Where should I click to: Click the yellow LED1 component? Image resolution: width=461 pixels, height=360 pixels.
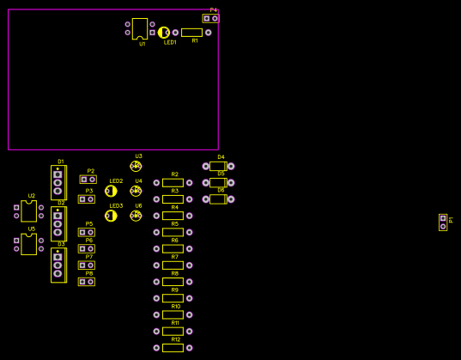pos(163,33)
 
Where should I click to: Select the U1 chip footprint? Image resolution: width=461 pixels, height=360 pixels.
pos(140,28)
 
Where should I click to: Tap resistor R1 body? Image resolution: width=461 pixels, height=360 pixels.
pos(191,33)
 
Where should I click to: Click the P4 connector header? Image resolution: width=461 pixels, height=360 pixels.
pos(210,18)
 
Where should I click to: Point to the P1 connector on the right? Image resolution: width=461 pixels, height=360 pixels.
pos(443,223)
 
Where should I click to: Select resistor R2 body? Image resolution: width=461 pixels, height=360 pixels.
pos(173,182)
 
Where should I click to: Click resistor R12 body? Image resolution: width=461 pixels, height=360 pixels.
pos(173,347)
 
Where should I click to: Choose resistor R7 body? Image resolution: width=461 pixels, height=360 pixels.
pos(173,265)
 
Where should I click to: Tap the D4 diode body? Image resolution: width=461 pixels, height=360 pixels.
pos(218,166)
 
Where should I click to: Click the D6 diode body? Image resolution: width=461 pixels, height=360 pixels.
pos(218,199)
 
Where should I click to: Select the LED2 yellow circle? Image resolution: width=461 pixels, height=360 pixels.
pos(111,191)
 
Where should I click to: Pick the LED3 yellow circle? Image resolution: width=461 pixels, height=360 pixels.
pos(111,216)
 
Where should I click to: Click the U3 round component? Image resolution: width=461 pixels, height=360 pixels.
pos(136,166)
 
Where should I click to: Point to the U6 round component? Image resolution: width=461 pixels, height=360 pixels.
pos(136,216)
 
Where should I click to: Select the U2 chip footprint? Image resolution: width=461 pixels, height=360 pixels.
pos(28,211)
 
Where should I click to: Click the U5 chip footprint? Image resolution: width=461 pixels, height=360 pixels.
pos(28,244)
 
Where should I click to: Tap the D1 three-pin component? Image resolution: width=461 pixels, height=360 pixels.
pos(58,182)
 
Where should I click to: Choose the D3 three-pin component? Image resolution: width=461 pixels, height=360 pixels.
pos(58,265)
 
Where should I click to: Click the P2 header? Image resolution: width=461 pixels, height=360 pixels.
pos(88,180)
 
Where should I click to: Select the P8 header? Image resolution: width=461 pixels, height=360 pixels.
pos(87,282)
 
